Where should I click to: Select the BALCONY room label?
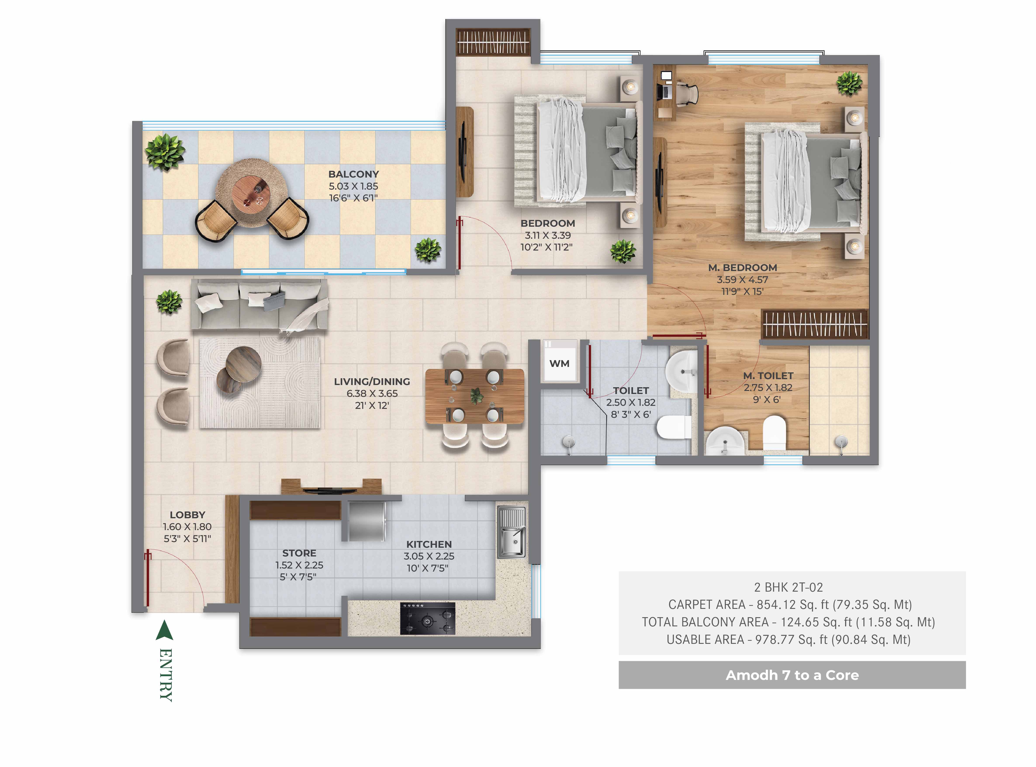point(353,174)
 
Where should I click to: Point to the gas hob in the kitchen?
point(427,618)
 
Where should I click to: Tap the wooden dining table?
point(475,396)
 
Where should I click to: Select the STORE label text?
point(299,553)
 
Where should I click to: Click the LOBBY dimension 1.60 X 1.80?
point(187,527)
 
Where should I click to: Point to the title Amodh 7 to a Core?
point(792,675)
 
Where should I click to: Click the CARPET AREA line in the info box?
point(789,605)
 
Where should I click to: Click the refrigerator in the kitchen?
point(367,521)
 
